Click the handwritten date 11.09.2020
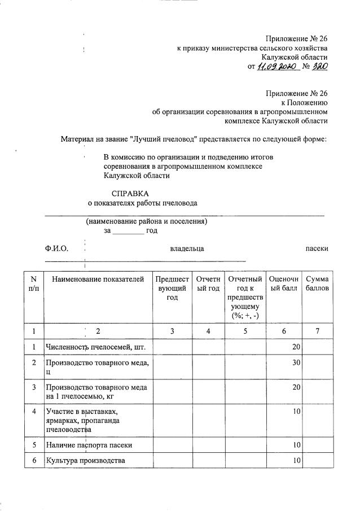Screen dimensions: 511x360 [x=276, y=67]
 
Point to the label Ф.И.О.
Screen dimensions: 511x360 [x=56, y=248]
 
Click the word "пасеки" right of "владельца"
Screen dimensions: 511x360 [x=317, y=248]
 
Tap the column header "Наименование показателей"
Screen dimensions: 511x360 [x=98, y=279]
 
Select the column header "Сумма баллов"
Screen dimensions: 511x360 [x=317, y=283]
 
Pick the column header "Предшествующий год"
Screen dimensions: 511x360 [x=172, y=288]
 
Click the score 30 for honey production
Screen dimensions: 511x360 [x=296, y=362]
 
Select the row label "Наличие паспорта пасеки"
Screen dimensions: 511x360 [x=89, y=445]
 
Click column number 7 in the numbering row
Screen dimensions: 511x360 [x=317, y=331]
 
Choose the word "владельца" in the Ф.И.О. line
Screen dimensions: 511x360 [x=187, y=248]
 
